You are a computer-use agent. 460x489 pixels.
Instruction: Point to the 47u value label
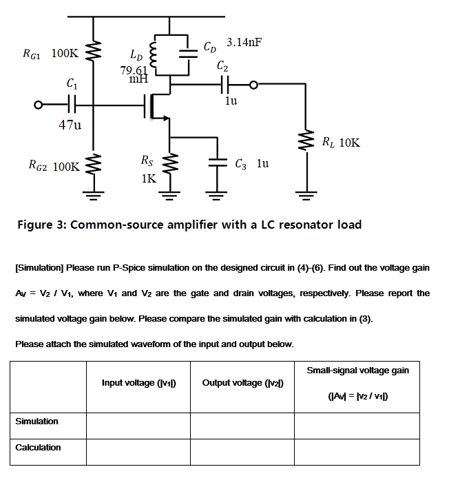pyautogui.click(x=70, y=125)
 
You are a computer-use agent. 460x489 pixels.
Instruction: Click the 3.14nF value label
pyautogui.click(x=244, y=43)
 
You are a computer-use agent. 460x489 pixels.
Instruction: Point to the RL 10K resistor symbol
pyautogui.click(x=302, y=143)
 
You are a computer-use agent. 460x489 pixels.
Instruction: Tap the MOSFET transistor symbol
pyautogui.click(x=157, y=106)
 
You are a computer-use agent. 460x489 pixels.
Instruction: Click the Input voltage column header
pyautogui.click(x=138, y=382)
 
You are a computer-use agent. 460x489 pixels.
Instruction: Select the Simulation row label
pyautogui.click(x=38, y=421)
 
